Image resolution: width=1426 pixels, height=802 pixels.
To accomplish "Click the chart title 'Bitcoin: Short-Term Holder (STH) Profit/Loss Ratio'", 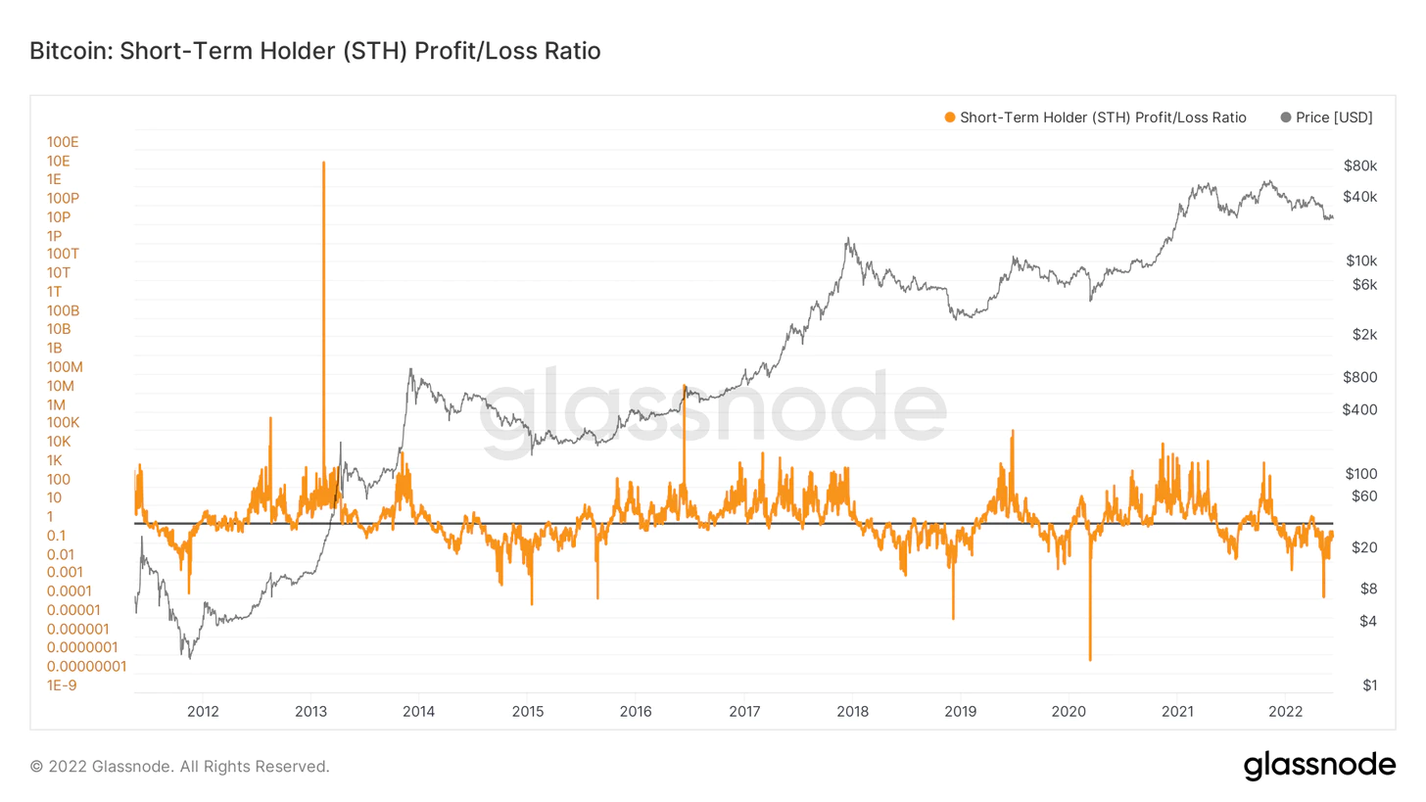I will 315,51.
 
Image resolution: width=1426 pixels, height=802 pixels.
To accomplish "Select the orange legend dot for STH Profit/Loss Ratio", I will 948,118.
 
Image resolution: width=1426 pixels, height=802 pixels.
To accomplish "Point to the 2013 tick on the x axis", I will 310,710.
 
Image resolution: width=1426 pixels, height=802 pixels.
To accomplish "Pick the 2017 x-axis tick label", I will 744,710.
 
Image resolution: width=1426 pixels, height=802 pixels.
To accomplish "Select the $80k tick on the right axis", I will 1360,165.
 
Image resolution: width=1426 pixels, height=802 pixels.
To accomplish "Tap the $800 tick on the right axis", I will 1360,377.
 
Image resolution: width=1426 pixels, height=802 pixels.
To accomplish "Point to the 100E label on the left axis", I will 63,142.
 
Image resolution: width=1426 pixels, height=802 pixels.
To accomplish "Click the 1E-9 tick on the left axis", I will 62,684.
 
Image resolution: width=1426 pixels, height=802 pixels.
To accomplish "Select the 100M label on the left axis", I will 65,367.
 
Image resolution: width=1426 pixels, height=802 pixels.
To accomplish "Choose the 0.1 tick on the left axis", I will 56,536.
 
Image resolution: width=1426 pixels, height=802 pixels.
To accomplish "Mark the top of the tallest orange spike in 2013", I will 323,163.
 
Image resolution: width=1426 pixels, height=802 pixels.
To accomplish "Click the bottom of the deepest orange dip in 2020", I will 1089,659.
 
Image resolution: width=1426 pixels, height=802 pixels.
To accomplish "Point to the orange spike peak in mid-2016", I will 685,387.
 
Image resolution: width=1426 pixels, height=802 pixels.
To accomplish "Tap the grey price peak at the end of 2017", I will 847,238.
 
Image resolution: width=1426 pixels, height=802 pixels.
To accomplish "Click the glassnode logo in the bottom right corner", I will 1319,766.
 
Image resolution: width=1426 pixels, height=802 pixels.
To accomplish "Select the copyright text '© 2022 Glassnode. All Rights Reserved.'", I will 180,766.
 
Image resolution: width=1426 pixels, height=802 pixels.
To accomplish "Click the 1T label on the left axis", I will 55,292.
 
